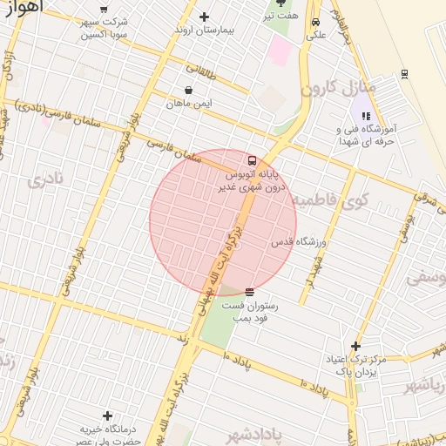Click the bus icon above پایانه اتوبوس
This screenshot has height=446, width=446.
(x=252, y=161)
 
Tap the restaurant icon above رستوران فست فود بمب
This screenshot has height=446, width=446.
(x=250, y=292)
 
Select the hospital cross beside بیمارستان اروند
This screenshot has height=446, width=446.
(x=205, y=17)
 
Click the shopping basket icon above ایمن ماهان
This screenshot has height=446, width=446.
(x=189, y=90)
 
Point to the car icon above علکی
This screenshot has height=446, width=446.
(x=315, y=23)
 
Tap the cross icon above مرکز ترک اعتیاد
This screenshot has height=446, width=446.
(x=355, y=346)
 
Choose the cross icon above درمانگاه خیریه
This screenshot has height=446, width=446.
(x=107, y=416)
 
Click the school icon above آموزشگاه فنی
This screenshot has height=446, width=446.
(x=366, y=116)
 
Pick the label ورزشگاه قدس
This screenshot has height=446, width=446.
(x=299, y=240)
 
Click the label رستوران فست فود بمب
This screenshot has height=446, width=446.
(x=249, y=312)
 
